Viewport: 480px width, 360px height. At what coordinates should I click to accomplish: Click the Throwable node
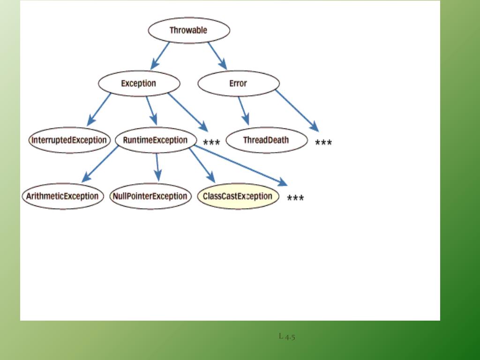click(189, 30)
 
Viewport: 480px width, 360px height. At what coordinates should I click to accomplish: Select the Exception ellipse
click(139, 83)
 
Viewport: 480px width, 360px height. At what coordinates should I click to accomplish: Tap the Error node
click(239, 83)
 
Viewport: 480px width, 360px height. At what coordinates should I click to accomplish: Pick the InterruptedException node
click(69, 140)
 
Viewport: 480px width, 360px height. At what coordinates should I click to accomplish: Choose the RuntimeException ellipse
click(155, 140)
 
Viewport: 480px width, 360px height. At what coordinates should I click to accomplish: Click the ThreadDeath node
click(266, 140)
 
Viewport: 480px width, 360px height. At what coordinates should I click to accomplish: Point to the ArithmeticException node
click(63, 196)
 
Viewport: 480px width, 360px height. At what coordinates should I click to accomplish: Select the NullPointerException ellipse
click(150, 196)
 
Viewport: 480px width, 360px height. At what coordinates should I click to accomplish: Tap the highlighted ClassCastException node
click(238, 196)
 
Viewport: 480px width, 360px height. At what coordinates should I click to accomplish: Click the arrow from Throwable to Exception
click(160, 55)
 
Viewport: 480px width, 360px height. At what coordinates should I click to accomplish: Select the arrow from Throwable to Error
click(217, 55)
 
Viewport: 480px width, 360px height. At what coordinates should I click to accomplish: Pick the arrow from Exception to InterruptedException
click(99, 109)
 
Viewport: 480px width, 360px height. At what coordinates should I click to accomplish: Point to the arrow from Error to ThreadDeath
click(243, 111)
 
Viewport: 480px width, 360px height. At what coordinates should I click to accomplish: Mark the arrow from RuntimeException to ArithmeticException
click(100, 164)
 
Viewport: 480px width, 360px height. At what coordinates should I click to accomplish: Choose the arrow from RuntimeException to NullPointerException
click(157, 167)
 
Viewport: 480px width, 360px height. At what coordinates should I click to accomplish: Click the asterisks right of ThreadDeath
click(323, 143)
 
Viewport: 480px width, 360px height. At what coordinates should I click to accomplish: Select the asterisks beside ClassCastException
click(295, 199)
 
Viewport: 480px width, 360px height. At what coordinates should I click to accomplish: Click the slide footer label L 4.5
click(287, 336)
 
